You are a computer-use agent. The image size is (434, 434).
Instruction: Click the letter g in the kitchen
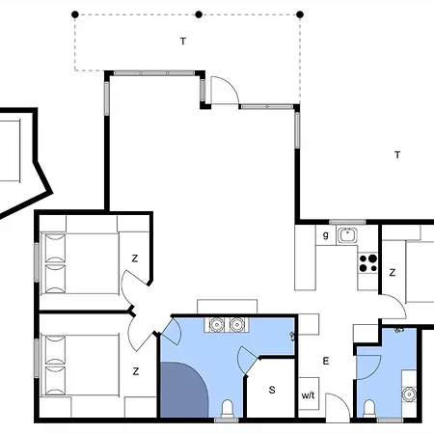pos(325,235)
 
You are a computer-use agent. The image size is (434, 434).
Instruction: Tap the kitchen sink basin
pos(347,235)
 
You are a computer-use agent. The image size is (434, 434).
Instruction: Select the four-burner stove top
pos(368,263)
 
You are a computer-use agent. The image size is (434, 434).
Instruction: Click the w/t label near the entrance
pos(308,395)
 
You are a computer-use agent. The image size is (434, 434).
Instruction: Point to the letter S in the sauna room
pos(272,390)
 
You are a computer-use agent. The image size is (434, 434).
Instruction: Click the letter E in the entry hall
pos(326,361)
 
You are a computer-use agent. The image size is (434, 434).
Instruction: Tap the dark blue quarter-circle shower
pos(184,390)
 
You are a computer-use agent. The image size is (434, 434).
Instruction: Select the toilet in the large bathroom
pos(228,409)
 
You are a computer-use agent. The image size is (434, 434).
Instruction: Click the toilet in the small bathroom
pos(369,409)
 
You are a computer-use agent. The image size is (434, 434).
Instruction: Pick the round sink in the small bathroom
pos(409,394)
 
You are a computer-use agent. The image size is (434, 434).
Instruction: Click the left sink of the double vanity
pos(216,325)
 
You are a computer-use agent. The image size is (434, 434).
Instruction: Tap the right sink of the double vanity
pos(237,325)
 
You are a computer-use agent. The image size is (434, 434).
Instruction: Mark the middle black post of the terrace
pos(199,14)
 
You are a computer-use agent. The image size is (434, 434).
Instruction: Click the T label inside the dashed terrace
pos(183,41)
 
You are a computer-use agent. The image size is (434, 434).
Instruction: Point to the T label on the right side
pos(397,155)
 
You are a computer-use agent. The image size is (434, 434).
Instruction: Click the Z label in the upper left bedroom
pos(135,258)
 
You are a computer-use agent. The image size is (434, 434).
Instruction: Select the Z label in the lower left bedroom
pos(136,371)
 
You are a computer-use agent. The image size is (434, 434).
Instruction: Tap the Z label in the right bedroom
pos(393,273)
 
